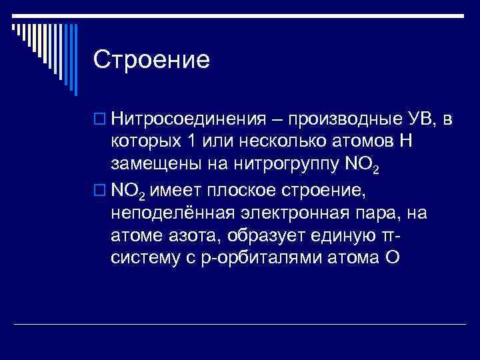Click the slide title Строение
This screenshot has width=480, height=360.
pyautogui.click(x=152, y=60)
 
